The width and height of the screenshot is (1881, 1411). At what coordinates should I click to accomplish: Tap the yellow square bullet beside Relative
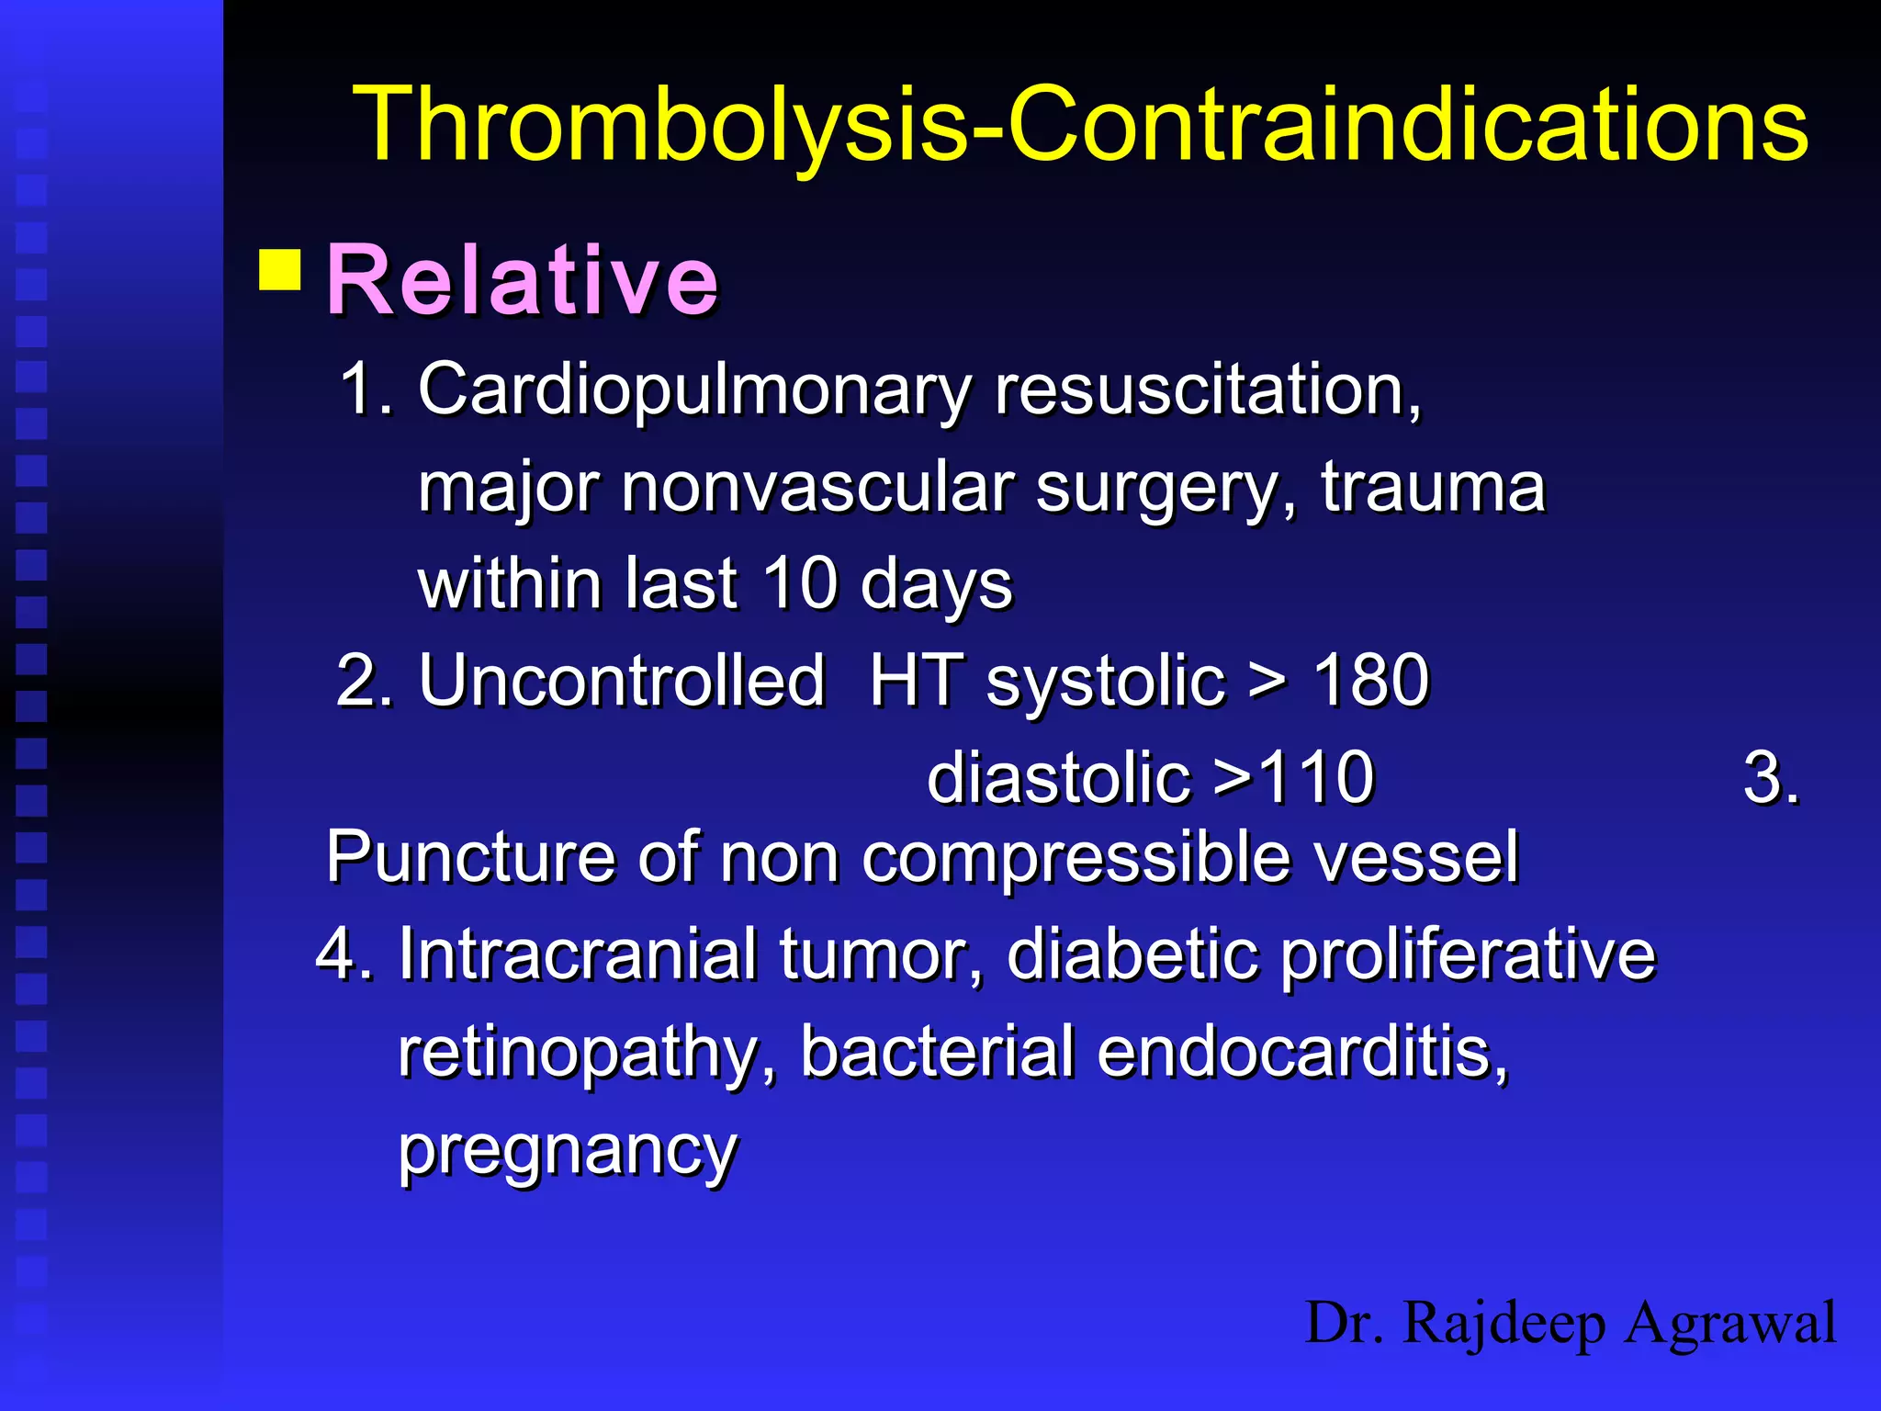click(x=280, y=269)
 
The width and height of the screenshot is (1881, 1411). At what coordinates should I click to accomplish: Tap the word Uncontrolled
click(x=622, y=681)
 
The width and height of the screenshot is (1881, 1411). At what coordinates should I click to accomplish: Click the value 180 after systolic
click(x=1370, y=681)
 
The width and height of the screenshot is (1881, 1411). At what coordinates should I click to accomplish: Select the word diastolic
click(x=1059, y=778)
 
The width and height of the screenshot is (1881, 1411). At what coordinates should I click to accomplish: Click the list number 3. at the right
click(x=1770, y=778)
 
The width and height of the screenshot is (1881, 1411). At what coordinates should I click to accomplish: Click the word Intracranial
click(x=578, y=954)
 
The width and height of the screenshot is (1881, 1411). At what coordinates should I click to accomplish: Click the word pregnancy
click(x=568, y=1150)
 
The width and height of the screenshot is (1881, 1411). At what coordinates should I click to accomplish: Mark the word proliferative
click(x=1468, y=954)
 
